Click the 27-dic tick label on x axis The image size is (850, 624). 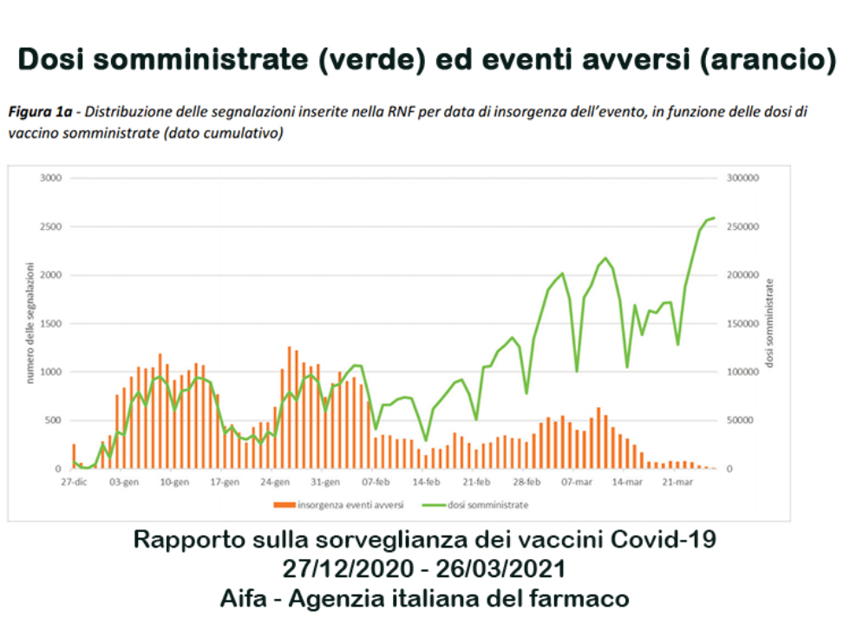click(x=73, y=481)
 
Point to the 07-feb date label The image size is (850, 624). click(x=376, y=481)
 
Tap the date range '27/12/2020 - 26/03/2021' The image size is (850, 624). click(x=424, y=569)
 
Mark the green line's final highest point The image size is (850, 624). click(x=714, y=218)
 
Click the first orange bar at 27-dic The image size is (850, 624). click(x=74, y=457)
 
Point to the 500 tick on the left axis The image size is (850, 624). click(x=54, y=420)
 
